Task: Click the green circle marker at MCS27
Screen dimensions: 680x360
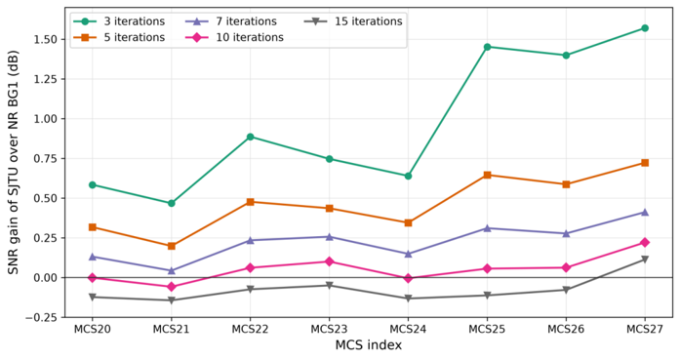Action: tap(645, 28)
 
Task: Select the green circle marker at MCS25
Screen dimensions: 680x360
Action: tap(487, 47)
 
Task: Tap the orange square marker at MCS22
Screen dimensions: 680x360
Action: tap(250, 202)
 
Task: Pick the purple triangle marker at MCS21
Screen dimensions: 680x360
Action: tap(172, 270)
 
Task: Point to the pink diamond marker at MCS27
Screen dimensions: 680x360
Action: tap(645, 243)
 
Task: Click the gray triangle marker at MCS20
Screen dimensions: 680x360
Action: tap(93, 298)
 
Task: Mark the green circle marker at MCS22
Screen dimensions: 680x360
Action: tap(250, 137)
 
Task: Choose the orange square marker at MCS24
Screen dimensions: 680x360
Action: tap(408, 223)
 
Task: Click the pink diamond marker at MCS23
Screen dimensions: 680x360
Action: tap(329, 261)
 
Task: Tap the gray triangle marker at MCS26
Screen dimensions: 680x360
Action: tap(566, 290)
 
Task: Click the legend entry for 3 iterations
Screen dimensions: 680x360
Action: tap(119, 21)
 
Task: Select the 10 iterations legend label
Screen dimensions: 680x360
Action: tap(250, 37)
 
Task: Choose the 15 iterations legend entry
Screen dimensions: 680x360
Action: tap(353, 21)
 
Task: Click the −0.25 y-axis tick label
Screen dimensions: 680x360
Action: tap(43, 317)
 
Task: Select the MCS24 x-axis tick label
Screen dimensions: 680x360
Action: tap(408, 329)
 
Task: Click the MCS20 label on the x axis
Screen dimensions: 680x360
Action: tap(93, 329)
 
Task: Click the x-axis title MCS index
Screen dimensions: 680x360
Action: tap(369, 345)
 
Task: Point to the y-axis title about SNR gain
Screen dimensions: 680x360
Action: tap(14, 163)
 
